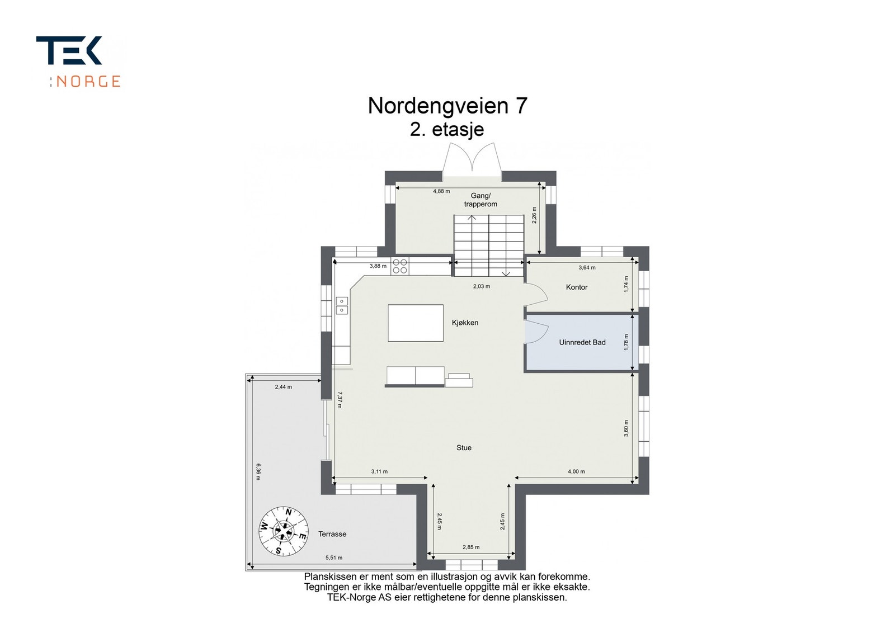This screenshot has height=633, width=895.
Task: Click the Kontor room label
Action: point(576,287)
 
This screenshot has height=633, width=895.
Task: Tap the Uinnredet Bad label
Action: point(582,342)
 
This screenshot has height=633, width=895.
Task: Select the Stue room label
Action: point(464,448)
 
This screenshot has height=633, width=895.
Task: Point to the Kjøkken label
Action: point(465,323)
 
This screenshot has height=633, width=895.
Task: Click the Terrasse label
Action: point(332,534)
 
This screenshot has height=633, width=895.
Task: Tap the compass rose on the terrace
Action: point(284,531)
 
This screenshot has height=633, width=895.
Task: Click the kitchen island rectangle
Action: point(416,323)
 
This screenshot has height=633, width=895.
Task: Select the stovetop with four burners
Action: point(400,266)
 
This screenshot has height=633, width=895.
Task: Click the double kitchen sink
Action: point(341,305)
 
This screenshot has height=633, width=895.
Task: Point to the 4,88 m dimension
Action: point(441,191)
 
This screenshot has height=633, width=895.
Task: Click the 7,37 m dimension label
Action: point(340,400)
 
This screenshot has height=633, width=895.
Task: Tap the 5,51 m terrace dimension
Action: point(334,558)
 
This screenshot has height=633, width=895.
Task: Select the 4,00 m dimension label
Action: point(576,471)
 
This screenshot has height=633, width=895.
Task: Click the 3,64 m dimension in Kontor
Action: point(587,267)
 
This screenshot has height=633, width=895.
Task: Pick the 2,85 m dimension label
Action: point(471,547)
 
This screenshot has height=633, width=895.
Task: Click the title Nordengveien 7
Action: point(447,106)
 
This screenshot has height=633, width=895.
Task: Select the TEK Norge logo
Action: point(78,62)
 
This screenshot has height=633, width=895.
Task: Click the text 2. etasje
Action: point(446,130)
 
